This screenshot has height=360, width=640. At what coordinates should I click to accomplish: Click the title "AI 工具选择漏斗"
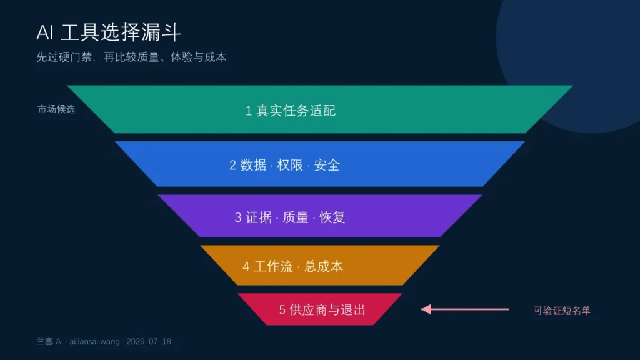(109, 32)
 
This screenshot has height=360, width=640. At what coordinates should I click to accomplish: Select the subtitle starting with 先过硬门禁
(131, 57)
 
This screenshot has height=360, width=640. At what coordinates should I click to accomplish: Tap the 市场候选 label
(56, 109)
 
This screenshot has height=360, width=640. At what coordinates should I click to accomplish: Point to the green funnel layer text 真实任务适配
(296, 111)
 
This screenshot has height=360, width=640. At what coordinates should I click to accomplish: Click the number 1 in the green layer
(249, 111)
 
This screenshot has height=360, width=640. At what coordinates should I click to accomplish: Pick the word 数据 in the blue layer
(253, 165)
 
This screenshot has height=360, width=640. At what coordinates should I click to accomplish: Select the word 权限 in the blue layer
(290, 165)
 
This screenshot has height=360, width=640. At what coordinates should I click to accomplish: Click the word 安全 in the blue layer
(327, 165)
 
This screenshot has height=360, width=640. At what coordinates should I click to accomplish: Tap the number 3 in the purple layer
(238, 217)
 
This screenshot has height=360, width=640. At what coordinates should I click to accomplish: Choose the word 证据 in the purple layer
(259, 217)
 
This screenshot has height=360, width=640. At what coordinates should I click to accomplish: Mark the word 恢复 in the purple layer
(332, 217)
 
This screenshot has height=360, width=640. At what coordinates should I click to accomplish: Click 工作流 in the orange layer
(274, 267)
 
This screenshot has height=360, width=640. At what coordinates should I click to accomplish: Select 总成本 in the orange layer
(324, 267)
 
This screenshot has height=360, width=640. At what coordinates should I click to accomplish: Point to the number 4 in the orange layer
(246, 267)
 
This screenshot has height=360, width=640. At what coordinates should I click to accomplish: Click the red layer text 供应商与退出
(327, 310)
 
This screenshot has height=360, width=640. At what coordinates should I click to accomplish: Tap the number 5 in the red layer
(282, 310)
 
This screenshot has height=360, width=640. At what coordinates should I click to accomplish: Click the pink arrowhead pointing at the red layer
(426, 309)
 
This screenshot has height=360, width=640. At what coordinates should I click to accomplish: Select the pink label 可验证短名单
(562, 311)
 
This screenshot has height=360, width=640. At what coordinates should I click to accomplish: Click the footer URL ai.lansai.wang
(95, 342)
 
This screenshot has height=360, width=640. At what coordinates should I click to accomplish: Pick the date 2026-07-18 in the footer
(149, 342)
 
